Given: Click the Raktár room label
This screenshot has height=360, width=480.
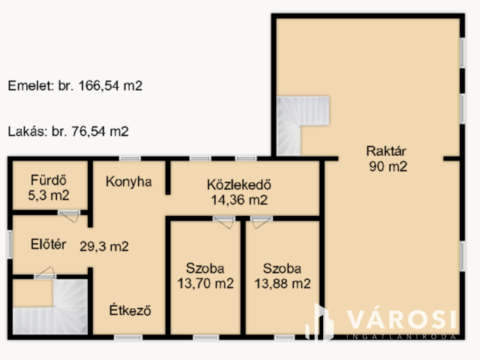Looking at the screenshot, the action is (386, 151).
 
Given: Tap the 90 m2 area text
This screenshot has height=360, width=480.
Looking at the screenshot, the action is (388, 166).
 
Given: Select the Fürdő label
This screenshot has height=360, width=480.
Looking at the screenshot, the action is (49, 180).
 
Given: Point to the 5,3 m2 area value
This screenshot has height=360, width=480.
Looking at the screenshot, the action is (49, 195).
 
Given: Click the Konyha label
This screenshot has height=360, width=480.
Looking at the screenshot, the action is (128, 181).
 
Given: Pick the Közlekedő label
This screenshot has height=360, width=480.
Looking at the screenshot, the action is (239, 184).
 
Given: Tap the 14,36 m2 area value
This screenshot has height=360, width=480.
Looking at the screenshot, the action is (239, 200).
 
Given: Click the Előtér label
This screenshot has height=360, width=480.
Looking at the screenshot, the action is (48, 244).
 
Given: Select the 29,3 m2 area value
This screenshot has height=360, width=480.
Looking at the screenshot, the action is (104, 246).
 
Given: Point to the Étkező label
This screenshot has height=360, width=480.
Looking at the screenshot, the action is (130, 310).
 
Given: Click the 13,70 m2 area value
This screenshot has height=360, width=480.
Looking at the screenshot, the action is (205, 283).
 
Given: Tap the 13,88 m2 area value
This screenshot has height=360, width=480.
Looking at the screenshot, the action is (283, 283).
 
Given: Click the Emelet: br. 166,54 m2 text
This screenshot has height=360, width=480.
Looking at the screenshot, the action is (75, 85).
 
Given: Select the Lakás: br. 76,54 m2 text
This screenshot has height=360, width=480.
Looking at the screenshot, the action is (68, 131).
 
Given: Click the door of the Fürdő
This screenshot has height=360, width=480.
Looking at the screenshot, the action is (70, 215).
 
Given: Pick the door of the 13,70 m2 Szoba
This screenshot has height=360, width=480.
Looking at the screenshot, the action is (224, 222).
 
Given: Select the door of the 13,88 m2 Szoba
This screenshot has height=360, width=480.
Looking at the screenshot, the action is (261, 222).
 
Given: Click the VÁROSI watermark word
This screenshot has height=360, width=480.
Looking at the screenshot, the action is (401, 319).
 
